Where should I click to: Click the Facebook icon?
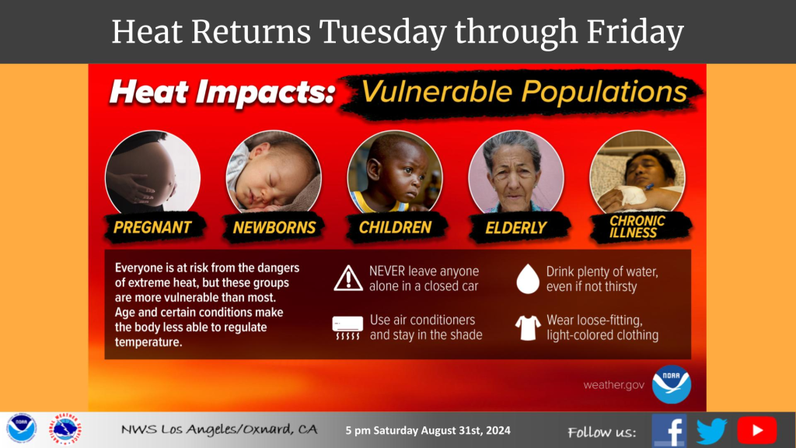pos(669,430)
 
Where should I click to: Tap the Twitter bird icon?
pos(711,431)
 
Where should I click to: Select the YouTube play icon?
pos(757,430)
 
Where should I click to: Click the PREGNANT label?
pos(152,227)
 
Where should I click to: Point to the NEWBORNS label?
pos(274,228)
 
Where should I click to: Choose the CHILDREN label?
pos(395,227)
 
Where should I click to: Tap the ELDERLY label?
pos(516,228)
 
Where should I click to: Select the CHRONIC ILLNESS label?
pos(637,226)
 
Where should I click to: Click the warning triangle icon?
pos(348,278)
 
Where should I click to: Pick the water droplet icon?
pos(528,279)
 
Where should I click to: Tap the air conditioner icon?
pos(347,327)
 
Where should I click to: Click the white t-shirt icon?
pos(528,327)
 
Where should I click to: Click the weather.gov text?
pos(614,385)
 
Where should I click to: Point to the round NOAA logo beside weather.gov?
pos(672,384)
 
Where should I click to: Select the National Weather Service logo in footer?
pos(65,429)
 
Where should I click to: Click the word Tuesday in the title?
pos(382,32)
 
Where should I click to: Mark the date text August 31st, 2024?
pos(466,430)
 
